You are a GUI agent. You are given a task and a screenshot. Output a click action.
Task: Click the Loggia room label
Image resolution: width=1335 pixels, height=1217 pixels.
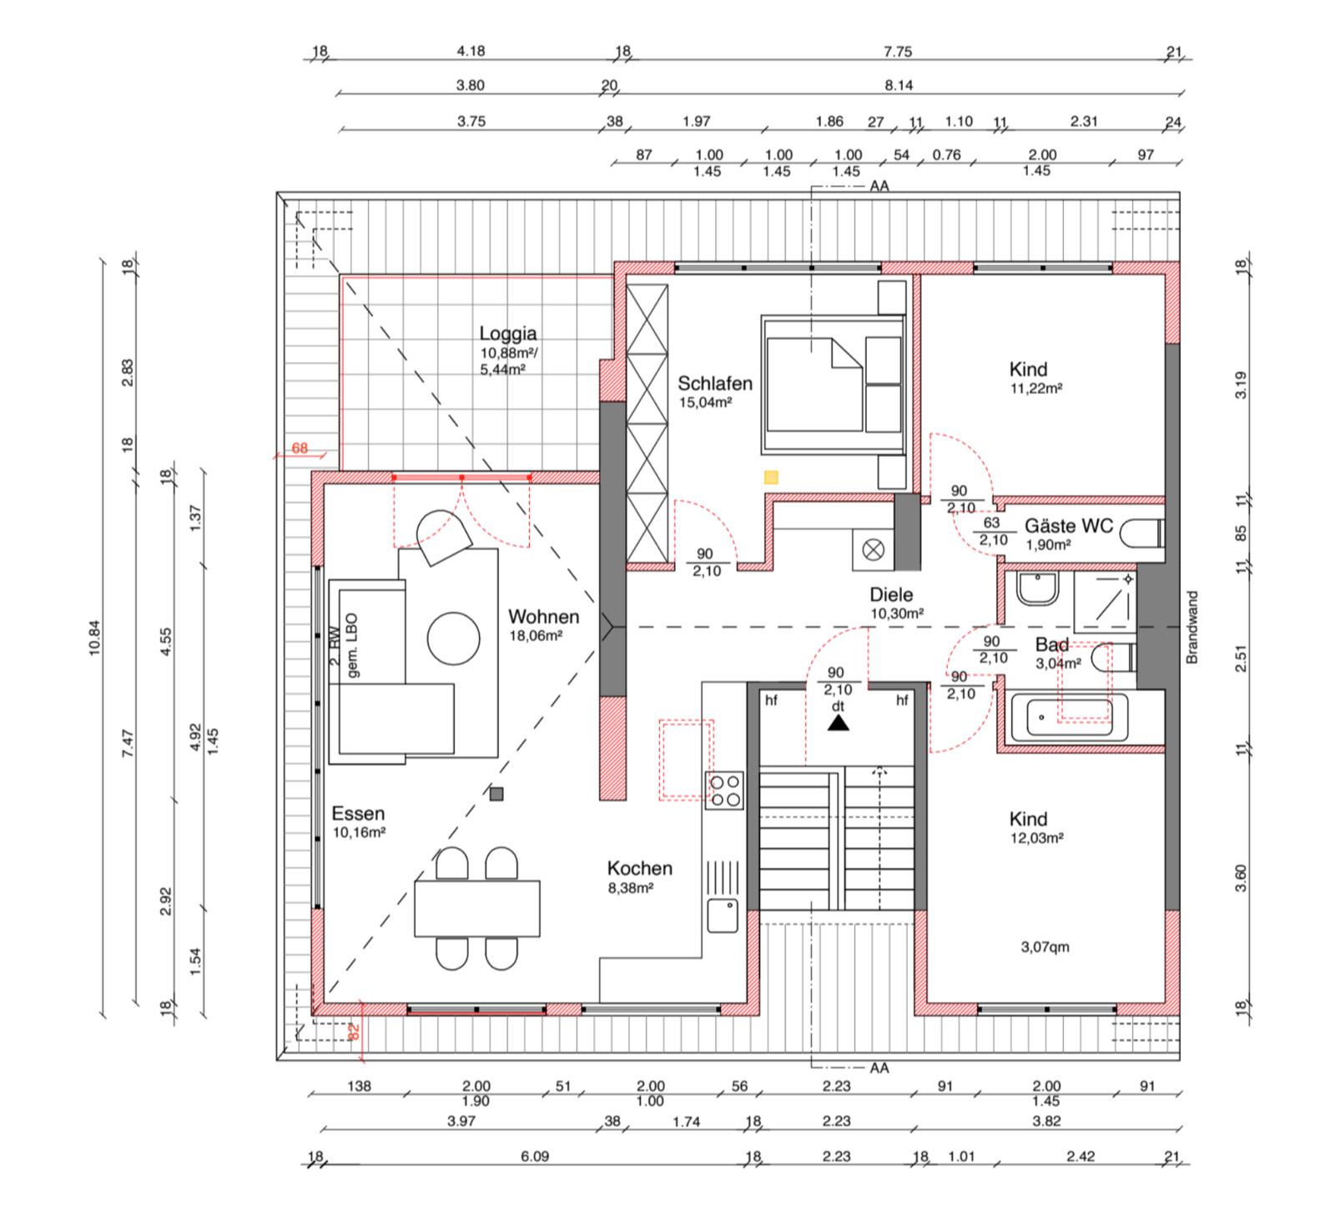[508, 334]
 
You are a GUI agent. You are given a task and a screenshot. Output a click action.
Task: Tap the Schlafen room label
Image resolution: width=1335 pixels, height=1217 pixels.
[715, 383]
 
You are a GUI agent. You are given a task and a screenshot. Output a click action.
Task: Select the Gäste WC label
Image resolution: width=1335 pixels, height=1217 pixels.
[1069, 526]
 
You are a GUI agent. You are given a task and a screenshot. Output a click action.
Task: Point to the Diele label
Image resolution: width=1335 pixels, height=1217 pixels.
[891, 594]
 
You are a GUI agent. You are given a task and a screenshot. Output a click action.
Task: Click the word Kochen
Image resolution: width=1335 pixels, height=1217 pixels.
[640, 868]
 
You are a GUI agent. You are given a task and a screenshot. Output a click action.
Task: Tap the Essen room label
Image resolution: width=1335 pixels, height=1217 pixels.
[358, 813]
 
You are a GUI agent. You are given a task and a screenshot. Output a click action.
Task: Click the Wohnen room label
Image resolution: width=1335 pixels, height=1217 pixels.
[543, 617]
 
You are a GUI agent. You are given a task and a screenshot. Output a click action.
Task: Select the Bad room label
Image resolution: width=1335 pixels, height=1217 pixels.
[1052, 644]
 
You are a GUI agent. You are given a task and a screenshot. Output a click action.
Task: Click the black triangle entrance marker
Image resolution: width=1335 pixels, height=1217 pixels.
[838, 724]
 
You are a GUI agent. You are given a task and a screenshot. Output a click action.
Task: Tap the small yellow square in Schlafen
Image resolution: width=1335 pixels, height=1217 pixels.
[772, 477]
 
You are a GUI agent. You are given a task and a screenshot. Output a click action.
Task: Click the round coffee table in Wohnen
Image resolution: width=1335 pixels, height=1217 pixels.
[454, 639]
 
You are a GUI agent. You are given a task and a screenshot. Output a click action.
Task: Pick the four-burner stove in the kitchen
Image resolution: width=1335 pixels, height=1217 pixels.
[724, 790]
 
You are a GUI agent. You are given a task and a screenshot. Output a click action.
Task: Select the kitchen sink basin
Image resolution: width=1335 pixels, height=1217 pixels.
[723, 916]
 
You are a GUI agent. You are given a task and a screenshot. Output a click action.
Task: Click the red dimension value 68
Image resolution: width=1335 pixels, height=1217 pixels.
[300, 448]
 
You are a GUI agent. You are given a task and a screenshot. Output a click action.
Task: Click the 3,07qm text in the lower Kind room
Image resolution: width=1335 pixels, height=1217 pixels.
[1045, 947]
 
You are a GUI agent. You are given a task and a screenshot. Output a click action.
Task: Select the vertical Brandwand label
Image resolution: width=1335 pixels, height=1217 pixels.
[1191, 628]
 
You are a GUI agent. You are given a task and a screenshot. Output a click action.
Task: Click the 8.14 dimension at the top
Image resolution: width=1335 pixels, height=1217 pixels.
[898, 85]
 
